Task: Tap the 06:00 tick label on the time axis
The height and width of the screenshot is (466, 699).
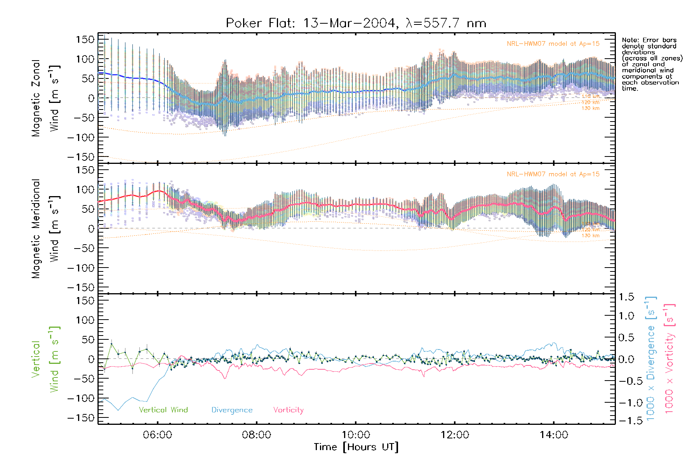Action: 157,435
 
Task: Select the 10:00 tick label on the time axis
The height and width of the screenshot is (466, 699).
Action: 356,435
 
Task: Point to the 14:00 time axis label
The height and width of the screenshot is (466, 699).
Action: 554,435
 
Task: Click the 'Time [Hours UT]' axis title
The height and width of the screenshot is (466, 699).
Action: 356,447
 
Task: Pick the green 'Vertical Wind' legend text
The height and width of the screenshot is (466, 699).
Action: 163,410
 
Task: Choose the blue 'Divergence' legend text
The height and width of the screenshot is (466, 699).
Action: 232,410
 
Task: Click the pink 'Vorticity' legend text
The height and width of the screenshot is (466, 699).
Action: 288,410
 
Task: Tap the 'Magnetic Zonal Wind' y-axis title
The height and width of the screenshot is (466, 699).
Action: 46,98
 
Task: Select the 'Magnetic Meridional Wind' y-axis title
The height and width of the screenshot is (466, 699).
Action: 46,229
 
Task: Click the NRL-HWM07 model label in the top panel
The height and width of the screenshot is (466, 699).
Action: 553,44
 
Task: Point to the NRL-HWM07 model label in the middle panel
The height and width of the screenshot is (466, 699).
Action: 553,174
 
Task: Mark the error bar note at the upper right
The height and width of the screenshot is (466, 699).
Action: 652,64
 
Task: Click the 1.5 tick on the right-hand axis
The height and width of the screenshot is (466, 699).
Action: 626,297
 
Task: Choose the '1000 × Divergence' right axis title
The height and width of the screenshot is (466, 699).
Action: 651,358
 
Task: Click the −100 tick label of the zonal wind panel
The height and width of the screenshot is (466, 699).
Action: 81,137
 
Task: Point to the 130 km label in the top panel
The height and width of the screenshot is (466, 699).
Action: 590,108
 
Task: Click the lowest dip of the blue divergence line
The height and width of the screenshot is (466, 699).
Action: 118,410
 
